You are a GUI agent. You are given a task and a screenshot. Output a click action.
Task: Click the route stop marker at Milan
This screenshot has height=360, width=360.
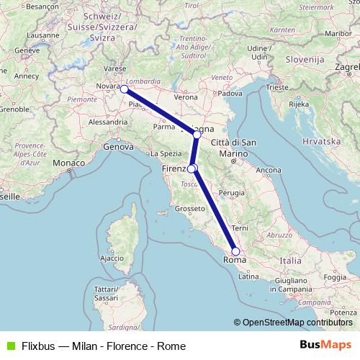[124, 89]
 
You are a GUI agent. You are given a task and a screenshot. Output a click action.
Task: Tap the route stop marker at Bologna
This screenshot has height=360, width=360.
[197, 135]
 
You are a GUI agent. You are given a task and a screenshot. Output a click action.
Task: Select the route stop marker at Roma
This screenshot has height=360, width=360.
[235, 251]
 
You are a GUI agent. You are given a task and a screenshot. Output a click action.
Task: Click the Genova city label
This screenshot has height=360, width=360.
[120, 146]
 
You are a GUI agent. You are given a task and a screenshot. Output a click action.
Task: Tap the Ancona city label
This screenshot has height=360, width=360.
[269, 170]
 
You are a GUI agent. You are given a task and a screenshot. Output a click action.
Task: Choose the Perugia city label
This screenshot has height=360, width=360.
[233, 193]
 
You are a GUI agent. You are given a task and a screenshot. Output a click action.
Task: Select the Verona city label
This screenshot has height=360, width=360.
[185, 96]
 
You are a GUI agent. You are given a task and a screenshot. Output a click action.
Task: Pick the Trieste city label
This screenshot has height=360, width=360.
[276, 86]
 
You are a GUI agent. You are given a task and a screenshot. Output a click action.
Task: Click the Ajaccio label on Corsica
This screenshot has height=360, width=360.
[112, 257]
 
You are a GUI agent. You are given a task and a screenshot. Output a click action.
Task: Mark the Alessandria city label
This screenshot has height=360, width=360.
[108, 122]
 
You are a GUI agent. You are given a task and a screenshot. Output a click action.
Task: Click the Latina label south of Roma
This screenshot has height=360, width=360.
[248, 276]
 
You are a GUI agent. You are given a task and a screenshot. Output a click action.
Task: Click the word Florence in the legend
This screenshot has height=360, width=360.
[127, 346]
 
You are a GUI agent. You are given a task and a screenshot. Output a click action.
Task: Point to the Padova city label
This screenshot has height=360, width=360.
[230, 93]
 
